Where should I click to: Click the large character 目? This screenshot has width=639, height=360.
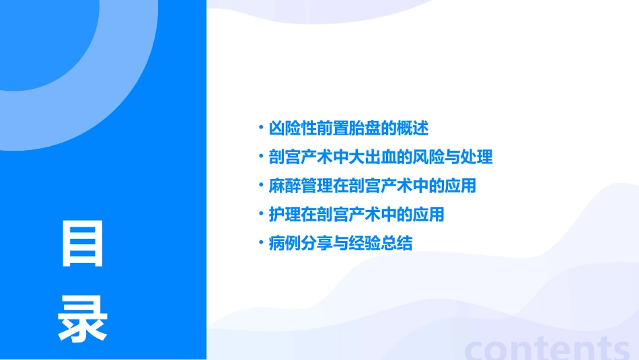[x=83, y=243]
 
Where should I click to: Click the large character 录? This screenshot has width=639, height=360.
[x=83, y=318]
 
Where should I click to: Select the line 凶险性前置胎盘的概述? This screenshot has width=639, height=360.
[x=348, y=128]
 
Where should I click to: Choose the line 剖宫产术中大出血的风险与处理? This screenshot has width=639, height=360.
[x=381, y=157]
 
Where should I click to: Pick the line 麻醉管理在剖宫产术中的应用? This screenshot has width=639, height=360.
[x=373, y=186]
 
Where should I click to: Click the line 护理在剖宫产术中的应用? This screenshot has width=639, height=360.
[x=356, y=215]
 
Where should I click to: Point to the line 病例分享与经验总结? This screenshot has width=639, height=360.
[x=340, y=244]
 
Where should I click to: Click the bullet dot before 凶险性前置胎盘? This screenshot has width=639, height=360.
[x=261, y=128]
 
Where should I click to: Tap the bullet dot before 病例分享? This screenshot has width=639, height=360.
[x=261, y=244]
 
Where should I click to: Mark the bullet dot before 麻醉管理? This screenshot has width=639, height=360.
[x=261, y=186]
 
